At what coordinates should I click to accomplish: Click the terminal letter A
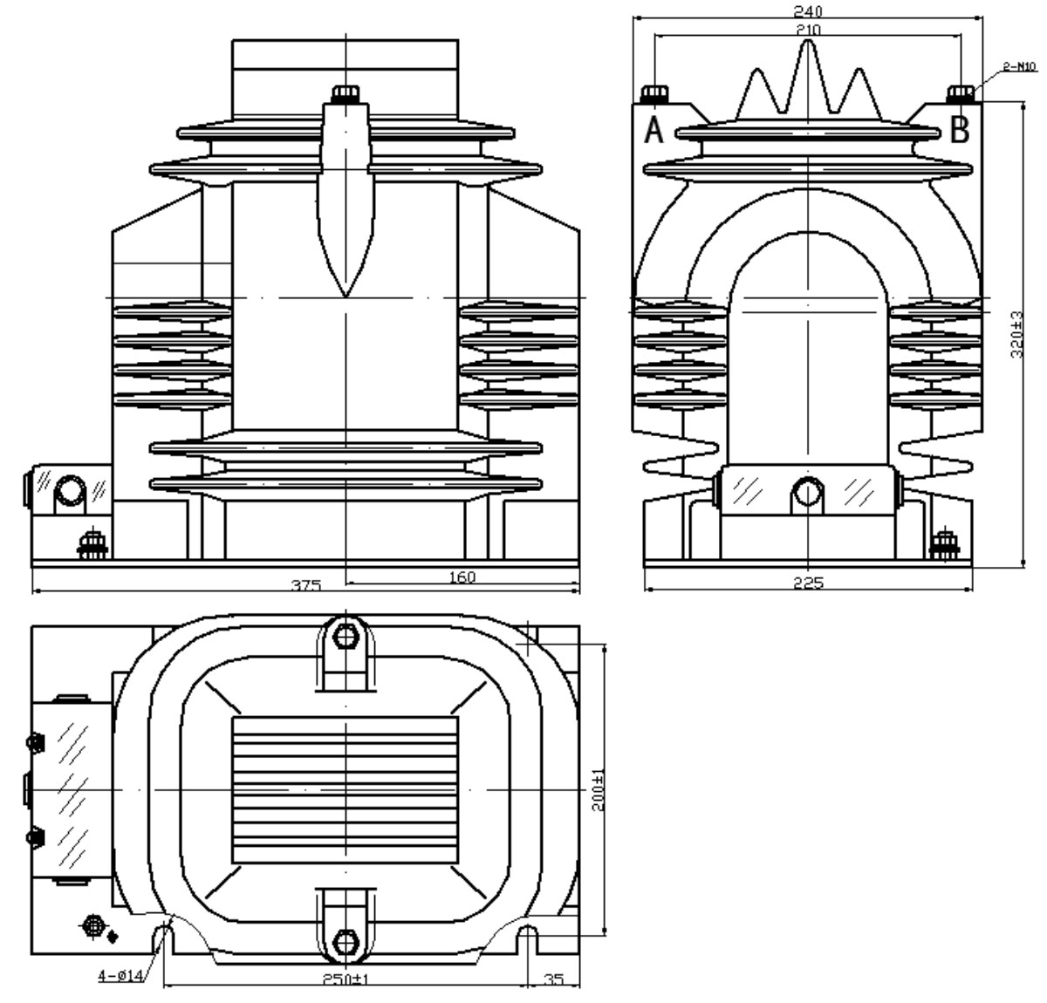[x=654, y=131]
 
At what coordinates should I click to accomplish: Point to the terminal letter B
[x=959, y=131]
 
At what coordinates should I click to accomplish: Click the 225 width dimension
[x=808, y=583]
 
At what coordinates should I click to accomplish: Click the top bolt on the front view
[x=346, y=92]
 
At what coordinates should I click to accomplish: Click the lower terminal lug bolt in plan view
[x=346, y=943]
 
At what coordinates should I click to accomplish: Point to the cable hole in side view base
[x=808, y=494]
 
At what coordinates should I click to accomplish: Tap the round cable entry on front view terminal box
[x=69, y=494]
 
